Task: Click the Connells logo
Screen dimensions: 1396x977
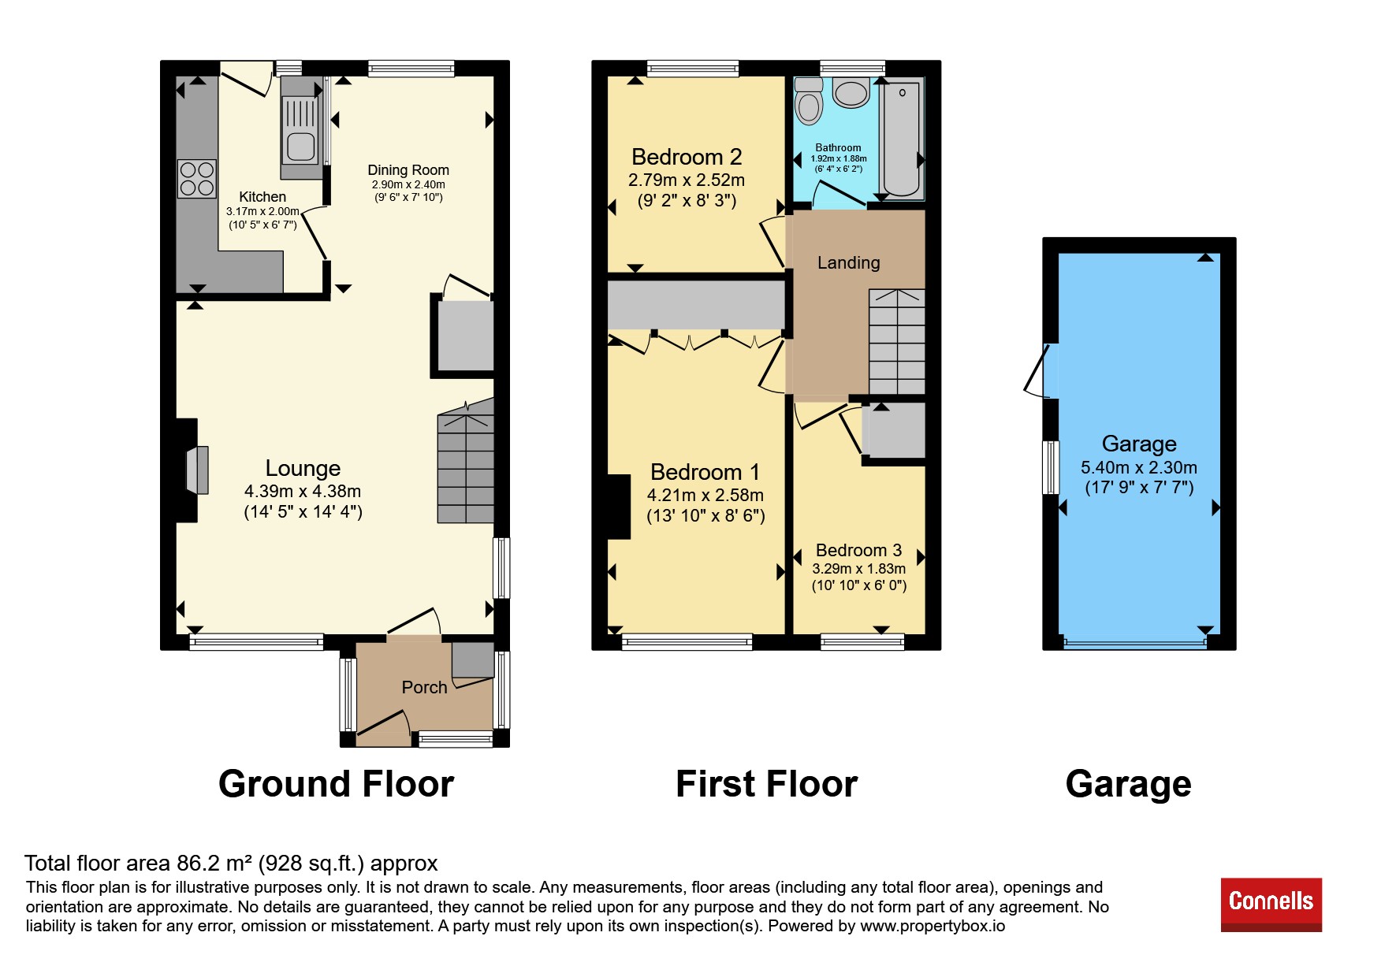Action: [1271, 904]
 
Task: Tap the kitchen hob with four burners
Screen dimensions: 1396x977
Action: [197, 179]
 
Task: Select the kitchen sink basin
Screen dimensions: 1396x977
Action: [300, 147]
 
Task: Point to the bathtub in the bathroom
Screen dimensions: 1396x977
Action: [902, 139]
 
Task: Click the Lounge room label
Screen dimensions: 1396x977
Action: [303, 468]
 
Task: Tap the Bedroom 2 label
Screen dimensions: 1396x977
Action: [687, 157]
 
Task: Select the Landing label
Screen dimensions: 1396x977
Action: [848, 262]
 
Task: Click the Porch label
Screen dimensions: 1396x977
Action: [424, 687]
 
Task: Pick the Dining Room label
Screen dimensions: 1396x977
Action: [408, 170]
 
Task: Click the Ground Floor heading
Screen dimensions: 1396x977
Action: [337, 784]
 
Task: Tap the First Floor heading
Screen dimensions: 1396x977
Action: [766, 784]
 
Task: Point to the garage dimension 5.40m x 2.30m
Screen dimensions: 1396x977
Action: [1139, 467]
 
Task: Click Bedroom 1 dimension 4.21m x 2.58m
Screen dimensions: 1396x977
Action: [705, 495]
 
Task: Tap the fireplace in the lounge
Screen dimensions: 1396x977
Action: [197, 470]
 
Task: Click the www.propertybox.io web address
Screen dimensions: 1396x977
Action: [933, 926]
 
